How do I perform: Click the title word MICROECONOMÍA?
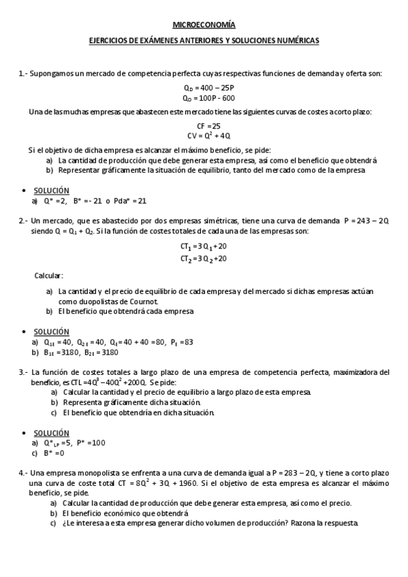[x=204, y=25]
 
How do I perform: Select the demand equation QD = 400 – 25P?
[x=209, y=88]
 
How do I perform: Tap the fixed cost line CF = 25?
[x=208, y=126]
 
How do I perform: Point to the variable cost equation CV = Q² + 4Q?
[x=208, y=135]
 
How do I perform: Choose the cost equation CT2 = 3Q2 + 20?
[x=204, y=259]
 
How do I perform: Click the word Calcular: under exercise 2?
[x=48, y=276]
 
